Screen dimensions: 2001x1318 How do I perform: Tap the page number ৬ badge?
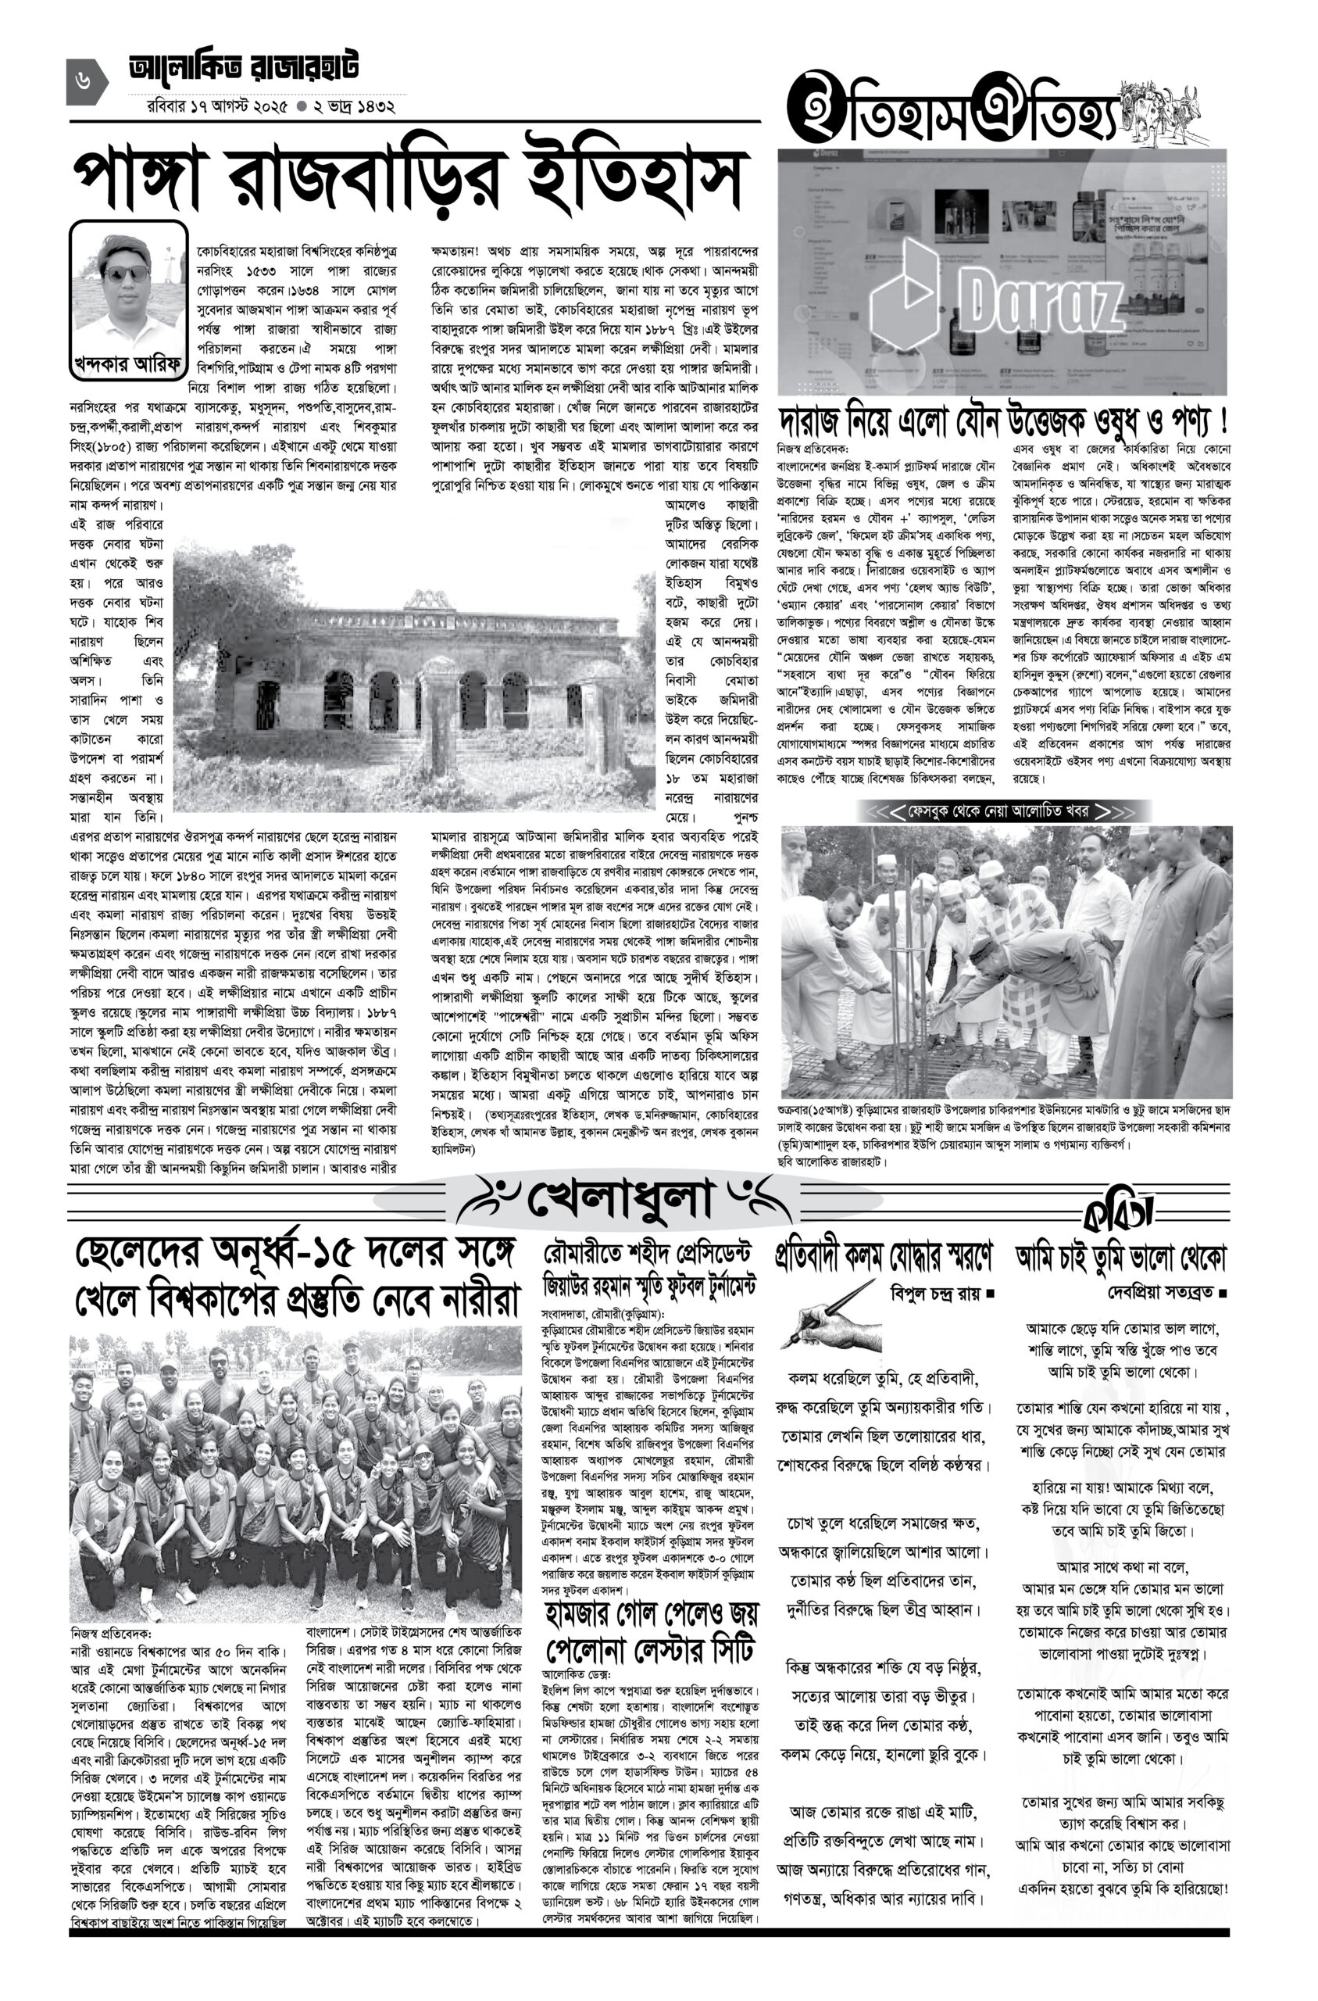pyautogui.click(x=86, y=81)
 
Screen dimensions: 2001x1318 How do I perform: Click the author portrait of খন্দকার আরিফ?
pyautogui.click(x=128, y=286)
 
